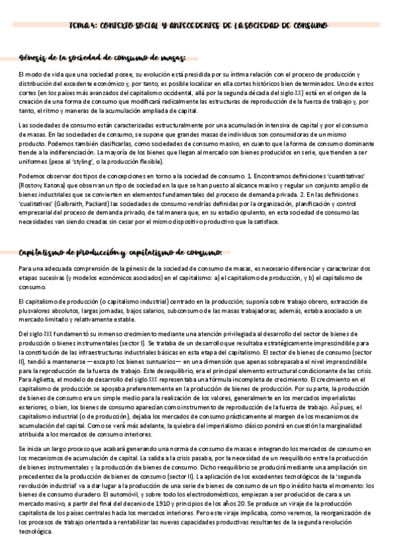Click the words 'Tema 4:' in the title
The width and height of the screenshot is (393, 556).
[x=83, y=26]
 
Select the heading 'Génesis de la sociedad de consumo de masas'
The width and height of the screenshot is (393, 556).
[x=103, y=58]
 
